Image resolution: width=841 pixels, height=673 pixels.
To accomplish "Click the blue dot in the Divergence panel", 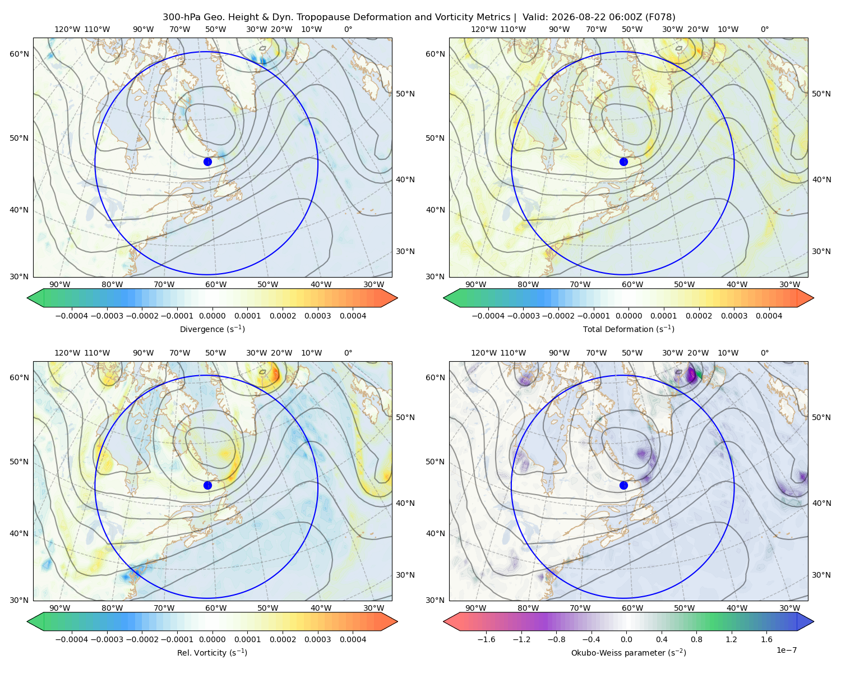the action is pos(207,162).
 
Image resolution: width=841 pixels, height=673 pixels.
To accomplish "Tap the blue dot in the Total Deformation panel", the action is pos(623,162).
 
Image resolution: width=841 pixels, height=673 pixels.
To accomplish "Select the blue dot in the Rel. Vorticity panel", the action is pos(207,485).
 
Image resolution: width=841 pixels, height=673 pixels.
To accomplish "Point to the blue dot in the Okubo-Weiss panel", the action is pos(623,485).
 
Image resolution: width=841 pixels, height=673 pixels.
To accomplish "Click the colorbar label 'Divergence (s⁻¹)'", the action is pos(212,329).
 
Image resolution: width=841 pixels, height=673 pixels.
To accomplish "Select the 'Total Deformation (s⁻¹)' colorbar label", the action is pos(629,329).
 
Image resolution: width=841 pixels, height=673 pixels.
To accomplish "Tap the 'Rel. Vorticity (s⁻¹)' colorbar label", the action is pos(212,652).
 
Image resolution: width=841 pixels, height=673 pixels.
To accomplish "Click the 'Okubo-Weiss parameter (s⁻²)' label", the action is pos(629,652).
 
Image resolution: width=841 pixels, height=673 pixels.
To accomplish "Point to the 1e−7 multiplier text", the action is pos(786,650).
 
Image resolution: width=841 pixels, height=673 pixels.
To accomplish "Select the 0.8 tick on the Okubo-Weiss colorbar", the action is pos(696,639).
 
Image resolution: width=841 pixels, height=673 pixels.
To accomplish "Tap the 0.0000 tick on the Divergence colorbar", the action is pos(212,316).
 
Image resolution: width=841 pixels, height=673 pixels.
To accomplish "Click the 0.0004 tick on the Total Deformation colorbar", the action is pos(769,316).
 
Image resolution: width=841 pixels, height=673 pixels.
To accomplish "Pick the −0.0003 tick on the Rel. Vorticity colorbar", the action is pos(107,639).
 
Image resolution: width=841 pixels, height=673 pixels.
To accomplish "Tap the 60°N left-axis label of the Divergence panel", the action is pos(19,54).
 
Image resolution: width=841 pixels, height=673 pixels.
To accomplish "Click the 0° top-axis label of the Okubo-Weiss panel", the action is pos(764,353).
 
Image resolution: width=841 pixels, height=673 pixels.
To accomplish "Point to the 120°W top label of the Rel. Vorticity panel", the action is pos(67,353).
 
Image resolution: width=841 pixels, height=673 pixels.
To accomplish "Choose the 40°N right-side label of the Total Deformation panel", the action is pos(821,179).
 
